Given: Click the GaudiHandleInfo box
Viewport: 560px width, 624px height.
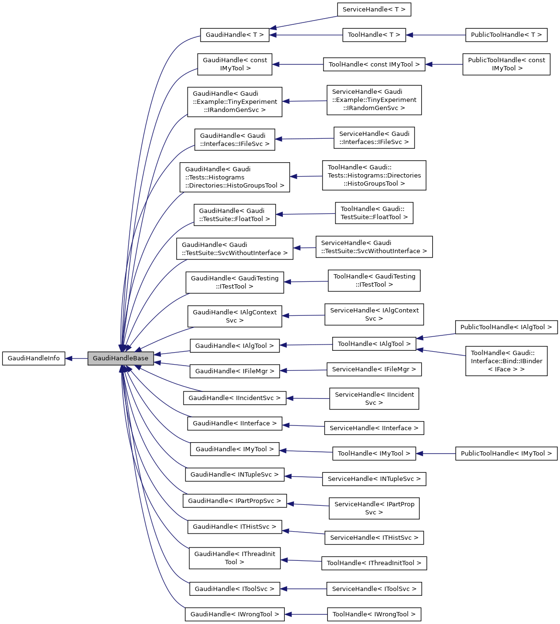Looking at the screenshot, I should click(x=34, y=358).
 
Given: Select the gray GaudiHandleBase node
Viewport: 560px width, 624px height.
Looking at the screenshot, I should click(x=121, y=358).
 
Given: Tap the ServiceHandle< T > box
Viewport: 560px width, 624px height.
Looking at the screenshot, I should click(x=374, y=10).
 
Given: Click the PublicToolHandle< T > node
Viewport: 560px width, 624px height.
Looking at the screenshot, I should click(x=506, y=35).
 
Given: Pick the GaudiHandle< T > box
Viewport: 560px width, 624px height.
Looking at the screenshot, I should click(x=235, y=35).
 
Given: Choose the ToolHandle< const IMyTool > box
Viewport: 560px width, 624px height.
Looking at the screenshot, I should click(x=374, y=65).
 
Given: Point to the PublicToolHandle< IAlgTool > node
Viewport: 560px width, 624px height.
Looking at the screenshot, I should click(x=506, y=327).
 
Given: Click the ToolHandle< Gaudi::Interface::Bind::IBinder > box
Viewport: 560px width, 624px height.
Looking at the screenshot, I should click(x=506, y=361).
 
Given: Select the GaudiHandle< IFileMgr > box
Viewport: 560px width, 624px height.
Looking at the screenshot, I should click(x=235, y=371).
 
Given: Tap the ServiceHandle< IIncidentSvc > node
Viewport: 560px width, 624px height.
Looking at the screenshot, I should click(x=374, y=399).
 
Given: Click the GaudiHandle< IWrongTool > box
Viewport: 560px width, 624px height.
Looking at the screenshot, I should click(x=235, y=614).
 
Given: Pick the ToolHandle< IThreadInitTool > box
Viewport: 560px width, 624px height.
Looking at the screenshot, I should click(x=374, y=563).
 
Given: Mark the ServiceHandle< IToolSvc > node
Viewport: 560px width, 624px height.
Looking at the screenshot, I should click(x=374, y=589).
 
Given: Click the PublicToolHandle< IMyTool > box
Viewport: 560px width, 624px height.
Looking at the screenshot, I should click(x=506, y=454).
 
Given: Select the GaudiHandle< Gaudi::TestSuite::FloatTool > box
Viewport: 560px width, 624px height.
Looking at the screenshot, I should click(x=235, y=215).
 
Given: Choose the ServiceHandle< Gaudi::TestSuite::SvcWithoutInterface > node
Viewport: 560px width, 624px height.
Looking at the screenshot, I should click(x=374, y=247).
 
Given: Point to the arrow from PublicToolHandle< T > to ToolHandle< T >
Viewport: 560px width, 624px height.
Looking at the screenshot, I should click(x=436, y=35).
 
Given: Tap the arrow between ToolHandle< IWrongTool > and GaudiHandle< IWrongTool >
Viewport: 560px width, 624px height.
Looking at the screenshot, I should click(x=306, y=614).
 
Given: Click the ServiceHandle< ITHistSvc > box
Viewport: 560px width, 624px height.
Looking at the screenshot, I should click(x=374, y=538).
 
